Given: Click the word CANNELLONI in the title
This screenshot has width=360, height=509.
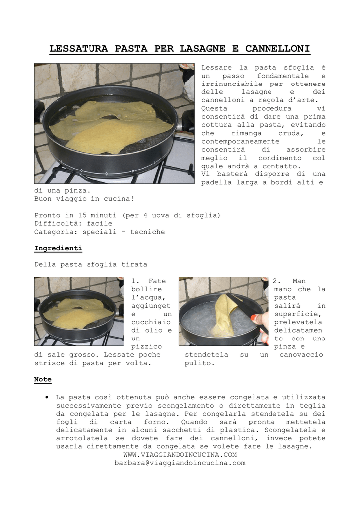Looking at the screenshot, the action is (x=277, y=49).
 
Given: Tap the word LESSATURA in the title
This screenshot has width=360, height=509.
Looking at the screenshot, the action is (x=79, y=49).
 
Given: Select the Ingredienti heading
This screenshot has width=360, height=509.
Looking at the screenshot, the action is (x=58, y=249).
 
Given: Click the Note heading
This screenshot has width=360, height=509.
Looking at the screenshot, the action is (x=43, y=379).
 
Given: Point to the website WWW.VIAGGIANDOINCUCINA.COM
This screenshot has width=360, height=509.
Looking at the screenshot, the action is (x=180, y=455).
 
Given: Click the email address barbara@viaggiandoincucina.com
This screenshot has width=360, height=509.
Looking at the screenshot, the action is (x=180, y=463).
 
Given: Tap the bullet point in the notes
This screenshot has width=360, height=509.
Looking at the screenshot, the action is (x=47, y=397).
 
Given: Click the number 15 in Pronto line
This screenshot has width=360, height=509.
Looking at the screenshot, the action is (x=82, y=215).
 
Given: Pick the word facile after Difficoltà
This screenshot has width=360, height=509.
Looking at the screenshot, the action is (x=99, y=224).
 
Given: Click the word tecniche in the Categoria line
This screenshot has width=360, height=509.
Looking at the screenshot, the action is (x=147, y=232).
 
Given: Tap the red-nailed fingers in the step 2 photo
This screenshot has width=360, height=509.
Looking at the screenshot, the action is (x=261, y=326).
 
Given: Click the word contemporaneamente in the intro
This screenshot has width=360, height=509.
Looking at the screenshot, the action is (x=240, y=142).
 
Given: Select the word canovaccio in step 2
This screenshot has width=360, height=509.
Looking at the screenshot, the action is (x=301, y=355).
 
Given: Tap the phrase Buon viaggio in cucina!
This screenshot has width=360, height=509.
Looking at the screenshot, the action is (x=84, y=199).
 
